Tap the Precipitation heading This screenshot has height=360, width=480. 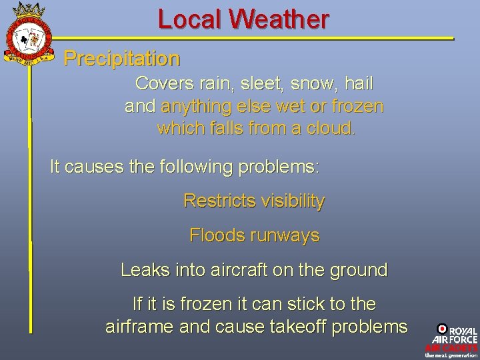[121, 59]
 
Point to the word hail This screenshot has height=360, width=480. [358, 84]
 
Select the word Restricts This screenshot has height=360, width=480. [215, 201]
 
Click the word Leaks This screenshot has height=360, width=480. [141, 270]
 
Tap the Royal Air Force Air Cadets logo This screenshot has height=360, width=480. [451, 340]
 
